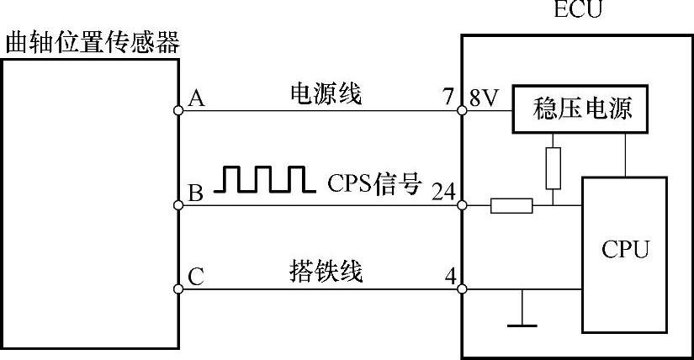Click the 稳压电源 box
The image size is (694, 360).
[581, 109]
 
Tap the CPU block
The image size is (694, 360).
[625, 250]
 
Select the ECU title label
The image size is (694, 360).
[578, 11]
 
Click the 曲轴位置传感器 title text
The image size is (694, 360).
[92, 42]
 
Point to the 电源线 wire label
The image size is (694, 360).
[325, 95]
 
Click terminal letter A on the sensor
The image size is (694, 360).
[196, 99]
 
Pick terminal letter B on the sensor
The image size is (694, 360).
[196, 194]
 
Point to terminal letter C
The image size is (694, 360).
[196, 277]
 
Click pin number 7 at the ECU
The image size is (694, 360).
[448, 98]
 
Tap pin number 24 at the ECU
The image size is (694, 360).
[442, 191]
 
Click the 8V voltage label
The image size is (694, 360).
[485, 98]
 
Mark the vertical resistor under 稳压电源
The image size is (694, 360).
[553, 167]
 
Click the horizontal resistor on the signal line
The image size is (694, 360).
[511, 205]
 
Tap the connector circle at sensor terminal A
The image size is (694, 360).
[179, 110]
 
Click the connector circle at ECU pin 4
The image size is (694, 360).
[462, 289]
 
